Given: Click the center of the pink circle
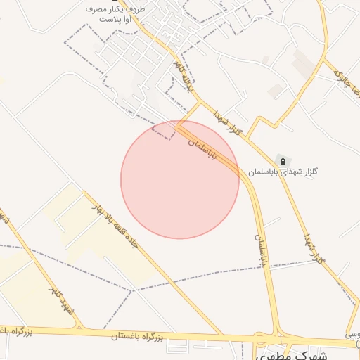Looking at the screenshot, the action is pos(180,179).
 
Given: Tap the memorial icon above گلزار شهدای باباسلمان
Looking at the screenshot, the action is pos(283,161).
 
